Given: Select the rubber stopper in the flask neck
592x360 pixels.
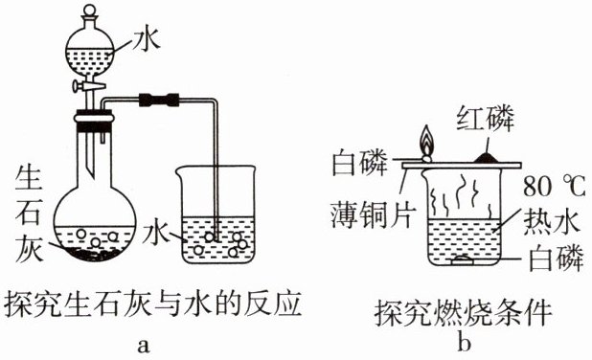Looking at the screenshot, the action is point(94,121).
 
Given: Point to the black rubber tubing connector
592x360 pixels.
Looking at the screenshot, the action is point(159,100).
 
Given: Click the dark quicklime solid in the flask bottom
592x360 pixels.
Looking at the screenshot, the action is point(95,254).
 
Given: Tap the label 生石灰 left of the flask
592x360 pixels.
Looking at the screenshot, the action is point(29,214).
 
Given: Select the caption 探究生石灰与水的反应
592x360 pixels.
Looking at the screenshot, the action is point(152,303).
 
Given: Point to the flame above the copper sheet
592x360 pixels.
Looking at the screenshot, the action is point(427,141).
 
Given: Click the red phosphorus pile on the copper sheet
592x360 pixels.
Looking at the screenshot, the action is point(487,158).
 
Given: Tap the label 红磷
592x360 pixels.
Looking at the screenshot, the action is point(486,119).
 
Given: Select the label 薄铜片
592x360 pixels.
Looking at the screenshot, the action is point(373,214).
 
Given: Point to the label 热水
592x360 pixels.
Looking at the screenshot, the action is point(551,221).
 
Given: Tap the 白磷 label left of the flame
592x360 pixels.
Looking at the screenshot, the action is point(359,163).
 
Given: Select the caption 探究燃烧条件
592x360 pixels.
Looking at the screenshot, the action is point(464,313).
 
